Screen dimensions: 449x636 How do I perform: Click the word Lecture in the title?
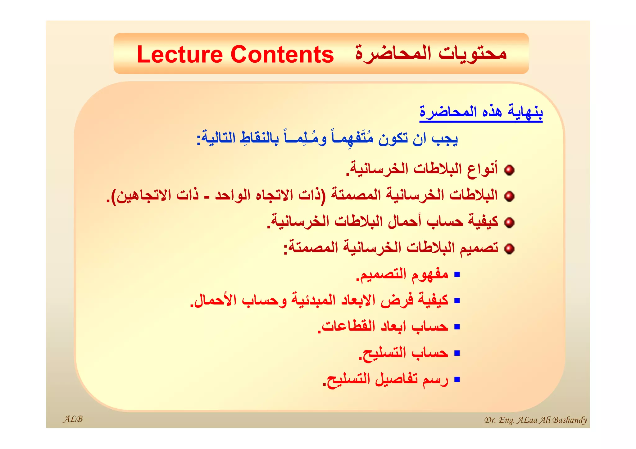[x=180, y=55]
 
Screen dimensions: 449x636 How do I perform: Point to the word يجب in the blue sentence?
[x=445, y=139]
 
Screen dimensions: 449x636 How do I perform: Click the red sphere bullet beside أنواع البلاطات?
[x=509, y=170]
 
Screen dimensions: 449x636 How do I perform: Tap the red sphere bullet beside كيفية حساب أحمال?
[x=509, y=222]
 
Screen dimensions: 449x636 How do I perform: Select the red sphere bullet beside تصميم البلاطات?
[x=509, y=249]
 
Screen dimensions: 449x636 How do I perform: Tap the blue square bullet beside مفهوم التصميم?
[x=457, y=274]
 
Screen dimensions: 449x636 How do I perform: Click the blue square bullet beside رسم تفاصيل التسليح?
[x=457, y=379]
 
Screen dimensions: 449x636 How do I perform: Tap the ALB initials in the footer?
[x=73, y=419]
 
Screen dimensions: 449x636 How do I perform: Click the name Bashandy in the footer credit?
[x=570, y=420]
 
